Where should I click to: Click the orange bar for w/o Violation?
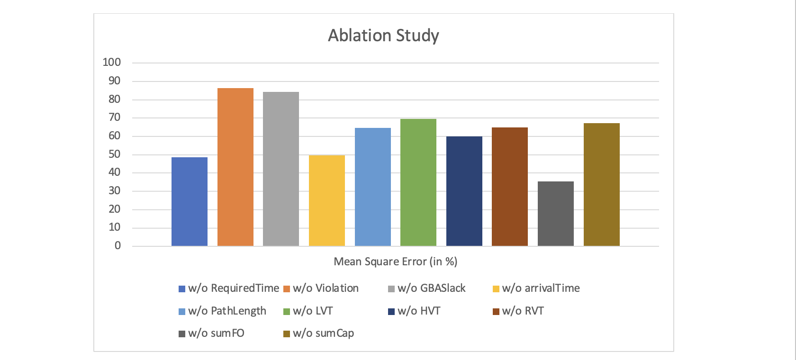coord(235,167)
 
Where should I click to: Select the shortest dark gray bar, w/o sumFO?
coord(556,214)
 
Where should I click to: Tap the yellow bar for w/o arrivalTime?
coord(327,200)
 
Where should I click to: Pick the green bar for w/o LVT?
coord(418,182)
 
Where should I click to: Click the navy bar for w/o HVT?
coord(464,191)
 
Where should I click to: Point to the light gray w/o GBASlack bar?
coord(281,169)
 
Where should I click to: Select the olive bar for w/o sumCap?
coord(602,184)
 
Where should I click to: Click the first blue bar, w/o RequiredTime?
coord(190,201)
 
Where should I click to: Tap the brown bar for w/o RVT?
coord(510,187)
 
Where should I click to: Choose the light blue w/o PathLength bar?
coord(373,187)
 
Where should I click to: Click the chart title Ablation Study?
coord(383,36)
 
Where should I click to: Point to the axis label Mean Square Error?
coord(395,261)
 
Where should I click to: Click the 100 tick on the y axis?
coord(112,62)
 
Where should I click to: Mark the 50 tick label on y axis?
coord(114,154)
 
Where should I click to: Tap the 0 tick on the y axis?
coord(118,245)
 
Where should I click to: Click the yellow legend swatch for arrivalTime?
coord(496,288)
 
